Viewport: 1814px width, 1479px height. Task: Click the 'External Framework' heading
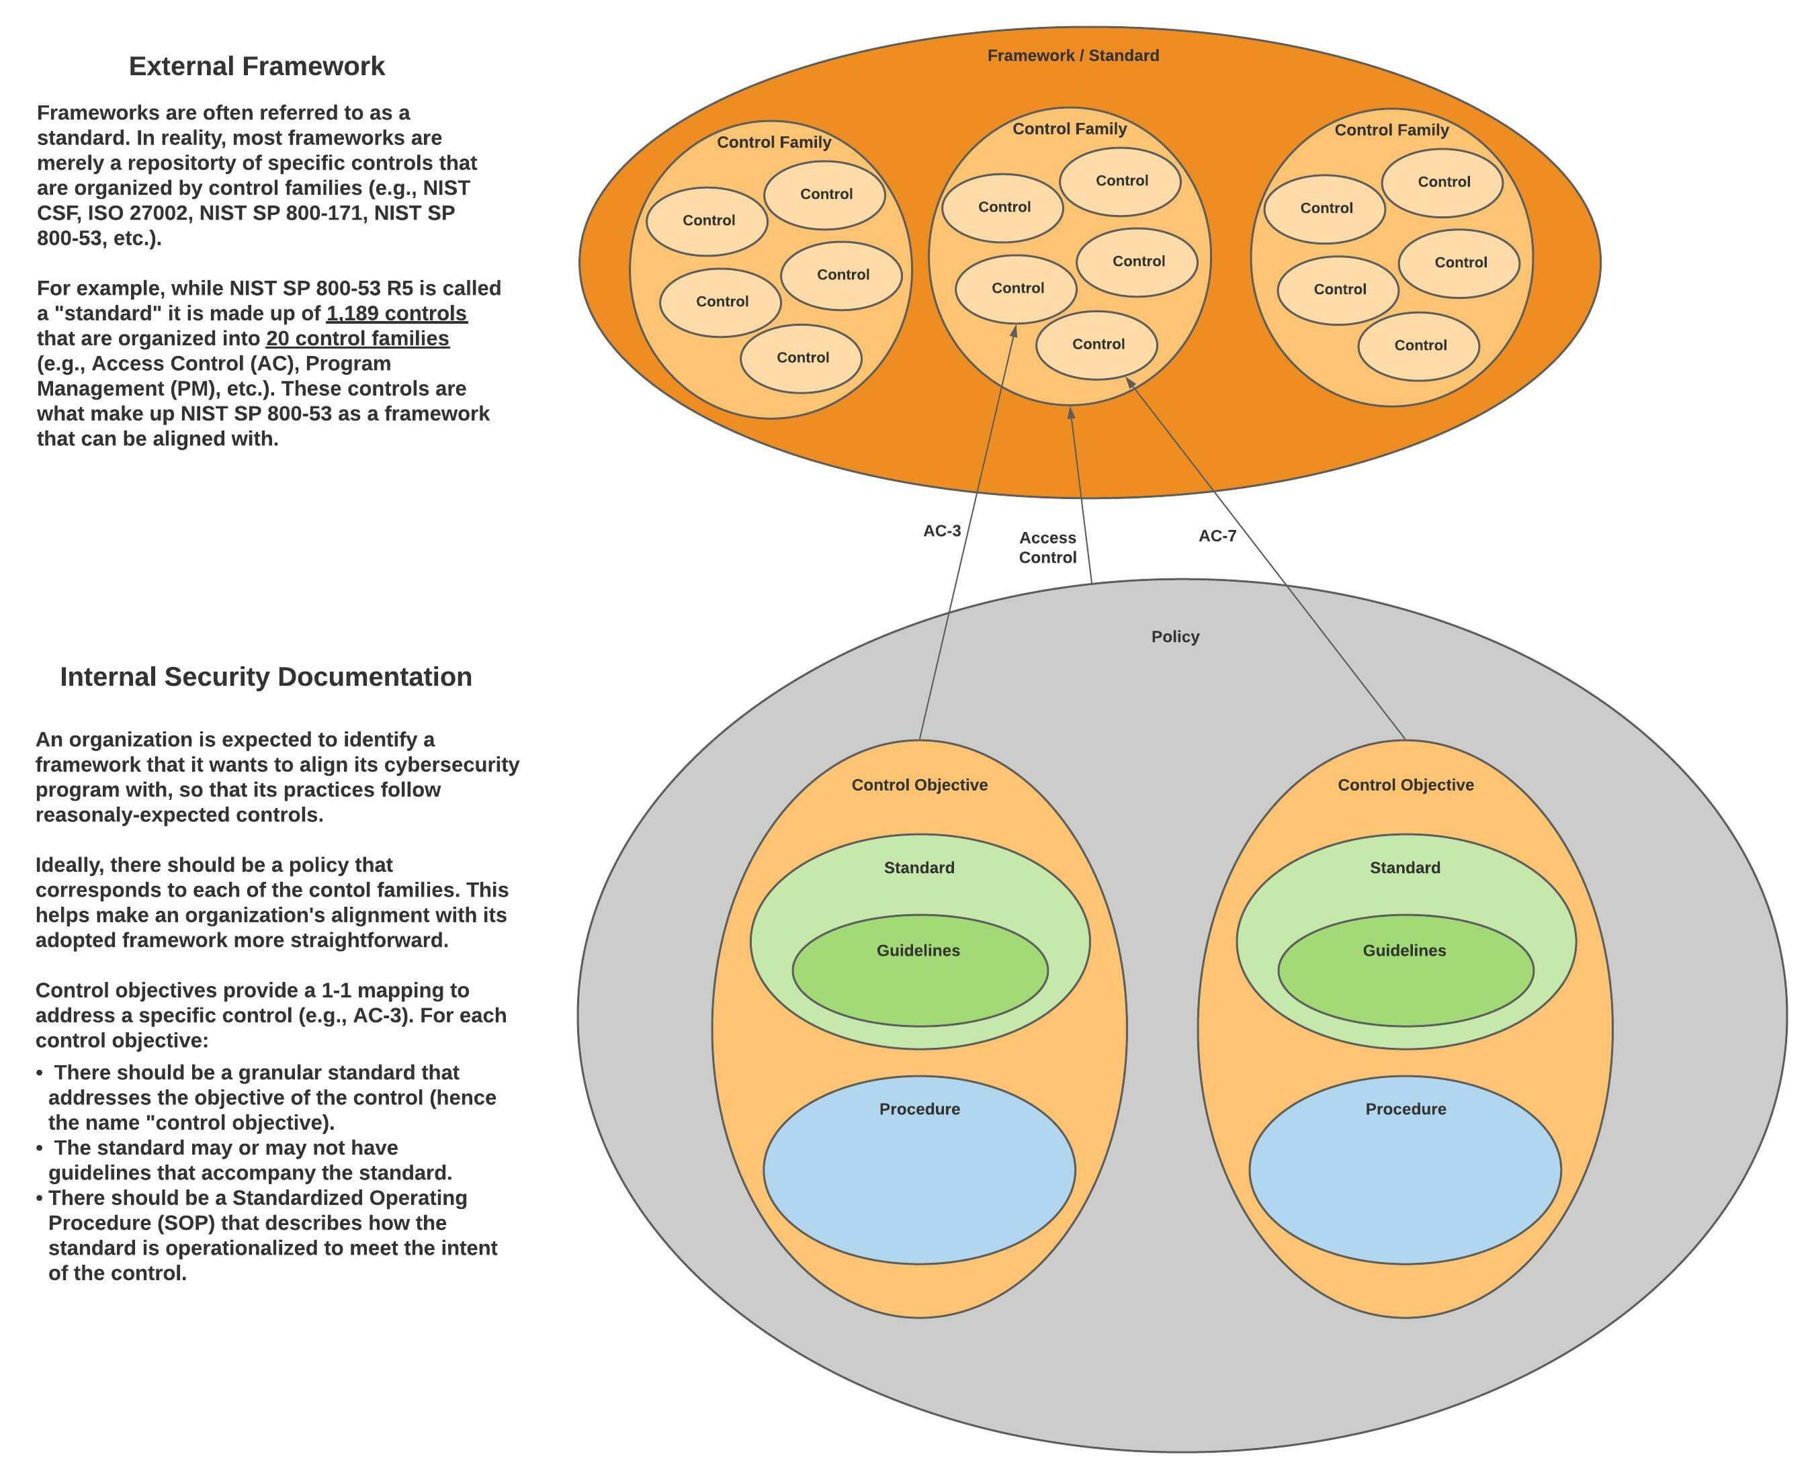pos(257,66)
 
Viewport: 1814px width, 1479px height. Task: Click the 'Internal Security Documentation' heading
pos(266,676)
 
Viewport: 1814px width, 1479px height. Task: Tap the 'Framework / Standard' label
pos(1073,55)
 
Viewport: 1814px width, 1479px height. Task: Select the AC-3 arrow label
pos(941,531)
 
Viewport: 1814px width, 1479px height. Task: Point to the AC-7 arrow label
pos(1217,536)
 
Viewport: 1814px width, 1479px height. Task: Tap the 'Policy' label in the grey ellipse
pos(1175,637)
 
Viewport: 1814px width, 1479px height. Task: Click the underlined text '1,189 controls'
pos(396,314)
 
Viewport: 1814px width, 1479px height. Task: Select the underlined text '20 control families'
pos(357,339)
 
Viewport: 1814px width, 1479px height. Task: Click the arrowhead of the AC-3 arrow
pos(1014,330)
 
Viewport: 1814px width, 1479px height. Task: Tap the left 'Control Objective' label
pos(919,785)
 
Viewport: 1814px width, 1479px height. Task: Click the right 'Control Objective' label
pos(1405,785)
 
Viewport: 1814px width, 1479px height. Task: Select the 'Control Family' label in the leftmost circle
pos(774,142)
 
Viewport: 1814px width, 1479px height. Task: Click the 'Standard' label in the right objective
pos(1405,867)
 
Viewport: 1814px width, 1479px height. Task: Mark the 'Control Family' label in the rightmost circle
pos(1391,130)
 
